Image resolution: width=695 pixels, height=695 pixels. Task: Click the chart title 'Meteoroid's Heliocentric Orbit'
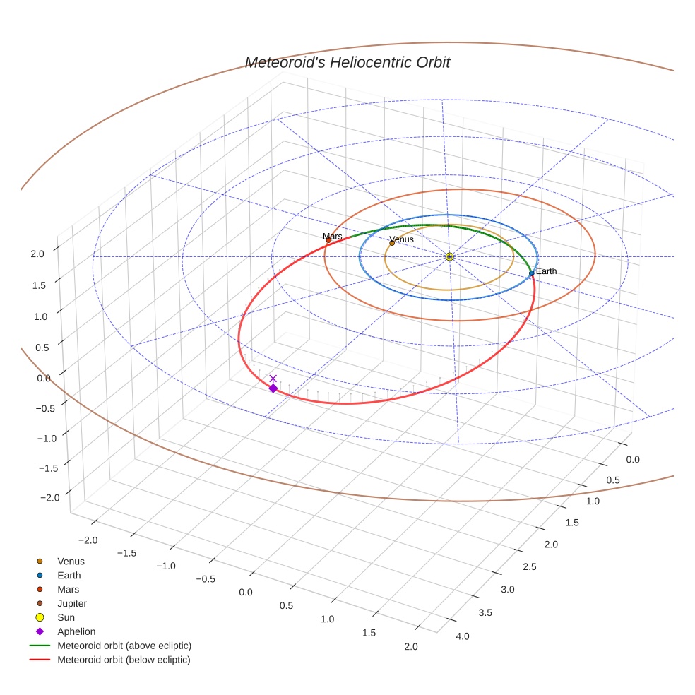tap(347, 63)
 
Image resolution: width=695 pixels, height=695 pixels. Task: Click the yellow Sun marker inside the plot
tap(449, 256)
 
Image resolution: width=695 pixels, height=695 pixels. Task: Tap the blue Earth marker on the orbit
tap(531, 273)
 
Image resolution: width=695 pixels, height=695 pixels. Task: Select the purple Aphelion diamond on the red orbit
tap(273, 388)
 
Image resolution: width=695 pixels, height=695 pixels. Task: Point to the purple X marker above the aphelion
tap(273, 379)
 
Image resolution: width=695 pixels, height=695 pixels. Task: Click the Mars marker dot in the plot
tap(328, 240)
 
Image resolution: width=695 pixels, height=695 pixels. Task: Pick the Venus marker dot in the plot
tap(392, 243)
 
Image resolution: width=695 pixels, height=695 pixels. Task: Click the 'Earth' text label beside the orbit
tap(546, 271)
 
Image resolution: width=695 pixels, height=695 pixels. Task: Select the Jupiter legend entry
tap(71, 603)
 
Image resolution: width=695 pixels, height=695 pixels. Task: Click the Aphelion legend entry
tap(76, 631)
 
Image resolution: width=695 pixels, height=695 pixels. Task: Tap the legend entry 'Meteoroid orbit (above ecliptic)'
tap(124, 646)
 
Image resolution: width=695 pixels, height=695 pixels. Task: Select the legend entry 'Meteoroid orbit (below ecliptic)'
tap(124, 660)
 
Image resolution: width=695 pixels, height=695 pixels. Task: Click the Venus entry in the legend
tap(71, 562)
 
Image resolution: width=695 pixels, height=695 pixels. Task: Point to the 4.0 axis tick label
tap(462, 636)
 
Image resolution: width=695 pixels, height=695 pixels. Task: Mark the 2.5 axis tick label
tap(529, 566)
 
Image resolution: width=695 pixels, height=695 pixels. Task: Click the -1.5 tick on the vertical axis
tap(48, 468)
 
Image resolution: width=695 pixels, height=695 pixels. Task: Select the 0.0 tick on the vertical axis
tap(44, 378)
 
